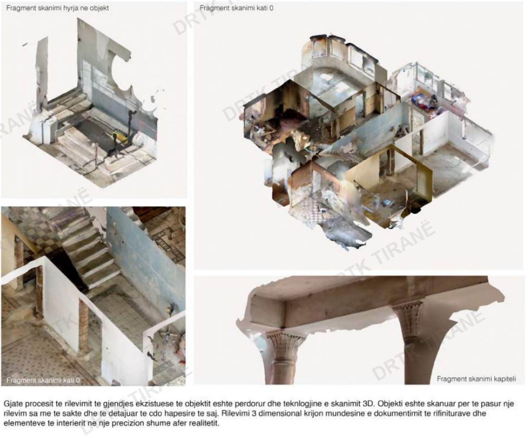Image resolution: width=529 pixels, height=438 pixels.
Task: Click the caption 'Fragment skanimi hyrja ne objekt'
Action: [57, 8]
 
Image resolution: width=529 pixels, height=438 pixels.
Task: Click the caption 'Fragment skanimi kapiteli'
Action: [476, 379]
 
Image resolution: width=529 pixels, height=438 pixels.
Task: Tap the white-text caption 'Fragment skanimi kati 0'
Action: [43, 380]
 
